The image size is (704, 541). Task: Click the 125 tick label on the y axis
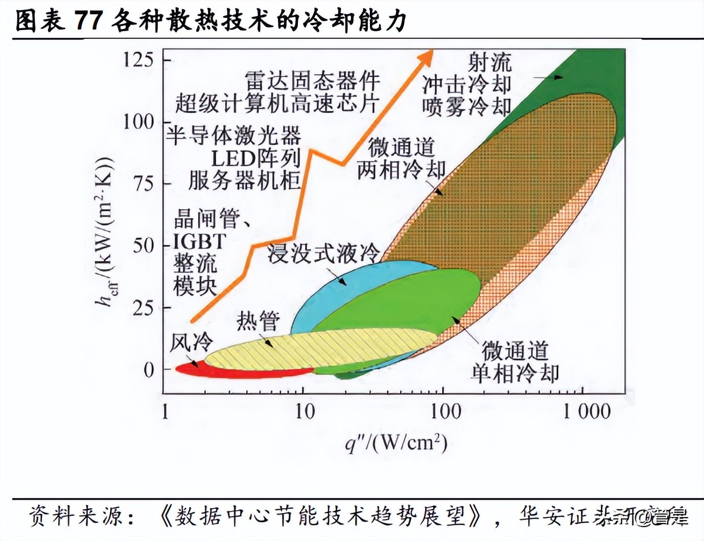pos(138,60)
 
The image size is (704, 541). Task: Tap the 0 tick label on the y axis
pos(149,370)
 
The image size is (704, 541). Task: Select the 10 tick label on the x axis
pos(305,411)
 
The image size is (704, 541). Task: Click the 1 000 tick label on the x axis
pos(586,411)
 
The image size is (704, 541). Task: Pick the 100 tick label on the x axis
pos(445,411)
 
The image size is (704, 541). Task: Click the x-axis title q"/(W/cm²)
pos(396,443)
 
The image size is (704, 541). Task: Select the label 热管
pos(258,322)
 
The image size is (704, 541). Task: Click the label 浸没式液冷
pos(324,253)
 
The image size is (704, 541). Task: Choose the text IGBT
pos(199,241)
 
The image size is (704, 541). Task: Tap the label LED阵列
pos(256,159)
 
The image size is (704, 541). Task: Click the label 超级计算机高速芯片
pos(276,103)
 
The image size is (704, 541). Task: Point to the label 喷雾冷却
pos(466,106)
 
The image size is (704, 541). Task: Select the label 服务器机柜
pos(245,181)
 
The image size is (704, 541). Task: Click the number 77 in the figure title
pos(90,21)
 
